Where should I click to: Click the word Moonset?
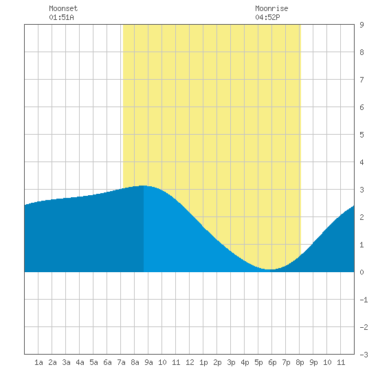[x=63, y=8]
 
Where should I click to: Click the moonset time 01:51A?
[x=61, y=17]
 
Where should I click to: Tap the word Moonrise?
[x=271, y=8]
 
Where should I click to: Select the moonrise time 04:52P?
[x=267, y=17]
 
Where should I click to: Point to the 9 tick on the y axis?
[x=362, y=25]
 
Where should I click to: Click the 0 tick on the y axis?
[x=362, y=272]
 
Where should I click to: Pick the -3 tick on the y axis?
[x=364, y=355]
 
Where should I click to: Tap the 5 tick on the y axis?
[x=362, y=135]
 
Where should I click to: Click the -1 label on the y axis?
[x=364, y=300]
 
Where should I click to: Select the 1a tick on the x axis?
[x=38, y=362]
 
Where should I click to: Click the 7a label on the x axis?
[x=121, y=362]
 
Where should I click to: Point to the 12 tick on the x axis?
[x=190, y=362]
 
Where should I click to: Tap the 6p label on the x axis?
[x=272, y=362]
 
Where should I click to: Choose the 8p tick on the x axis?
[x=300, y=362]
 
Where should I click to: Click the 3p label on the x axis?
[x=231, y=362]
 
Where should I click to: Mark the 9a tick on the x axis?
[x=148, y=362]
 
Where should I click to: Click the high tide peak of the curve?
[x=144, y=186]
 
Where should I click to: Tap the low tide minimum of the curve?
[x=271, y=269]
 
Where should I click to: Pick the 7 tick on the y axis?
[x=362, y=80]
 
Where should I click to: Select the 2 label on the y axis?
[x=362, y=217]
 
